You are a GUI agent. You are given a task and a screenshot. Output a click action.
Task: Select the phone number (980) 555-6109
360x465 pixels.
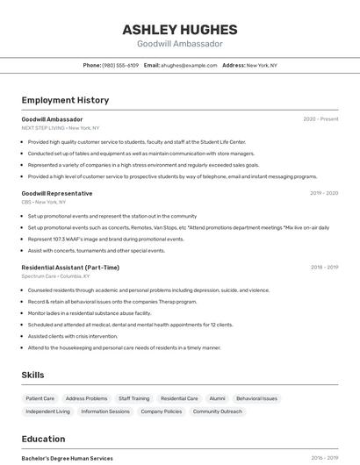tap(120, 65)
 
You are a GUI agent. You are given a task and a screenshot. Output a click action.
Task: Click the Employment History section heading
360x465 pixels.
tap(65, 100)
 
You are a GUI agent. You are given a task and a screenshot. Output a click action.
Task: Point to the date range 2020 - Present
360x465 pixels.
tap(320, 119)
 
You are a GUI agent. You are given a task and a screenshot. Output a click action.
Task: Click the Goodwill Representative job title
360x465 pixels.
tap(57, 193)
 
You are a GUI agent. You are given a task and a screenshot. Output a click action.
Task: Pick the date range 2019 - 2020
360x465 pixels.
tap(323, 193)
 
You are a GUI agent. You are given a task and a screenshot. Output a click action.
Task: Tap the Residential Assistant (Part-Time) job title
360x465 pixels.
tap(70, 268)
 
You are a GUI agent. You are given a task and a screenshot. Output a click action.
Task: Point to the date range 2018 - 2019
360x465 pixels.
tap(323, 268)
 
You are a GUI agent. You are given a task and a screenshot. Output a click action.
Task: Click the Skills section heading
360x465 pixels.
tap(32, 375)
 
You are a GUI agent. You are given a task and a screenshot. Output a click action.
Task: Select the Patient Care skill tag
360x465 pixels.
tap(40, 398)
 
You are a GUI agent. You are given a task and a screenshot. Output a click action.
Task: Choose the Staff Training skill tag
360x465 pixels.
tap(133, 398)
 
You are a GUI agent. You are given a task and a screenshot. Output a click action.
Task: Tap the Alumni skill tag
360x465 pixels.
tap(217, 398)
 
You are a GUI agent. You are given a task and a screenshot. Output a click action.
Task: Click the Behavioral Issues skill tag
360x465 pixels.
tap(256, 398)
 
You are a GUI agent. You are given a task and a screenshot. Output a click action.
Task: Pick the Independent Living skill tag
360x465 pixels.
tap(47, 411)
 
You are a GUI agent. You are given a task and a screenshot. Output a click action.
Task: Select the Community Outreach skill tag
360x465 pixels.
tap(218, 411)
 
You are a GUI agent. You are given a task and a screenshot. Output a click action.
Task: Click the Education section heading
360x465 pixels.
tap(43, 439)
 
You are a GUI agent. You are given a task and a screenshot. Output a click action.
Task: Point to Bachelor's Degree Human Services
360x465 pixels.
tap(68, 458)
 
